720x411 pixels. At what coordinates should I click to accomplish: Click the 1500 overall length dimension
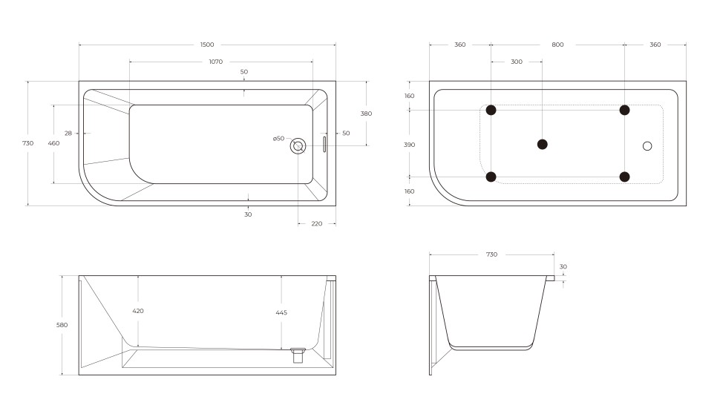[207, 45]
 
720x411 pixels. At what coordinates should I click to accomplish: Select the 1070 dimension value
[215, 62]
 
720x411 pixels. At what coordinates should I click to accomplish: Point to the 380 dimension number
[366, 114]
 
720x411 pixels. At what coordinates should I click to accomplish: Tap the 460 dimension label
[53, 143]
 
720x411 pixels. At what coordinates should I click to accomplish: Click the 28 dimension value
[68, 134]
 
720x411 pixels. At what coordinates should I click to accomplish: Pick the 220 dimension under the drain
[317, 223]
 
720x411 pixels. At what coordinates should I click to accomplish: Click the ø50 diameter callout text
[278, 139]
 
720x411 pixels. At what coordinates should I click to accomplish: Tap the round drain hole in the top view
[298, 145]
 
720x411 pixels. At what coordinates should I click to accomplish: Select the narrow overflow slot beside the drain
[324, 144]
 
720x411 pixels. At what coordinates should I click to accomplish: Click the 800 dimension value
[557, 45]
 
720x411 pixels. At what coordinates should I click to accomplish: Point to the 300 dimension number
[517, 62]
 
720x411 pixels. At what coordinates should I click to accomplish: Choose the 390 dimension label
[410, 145]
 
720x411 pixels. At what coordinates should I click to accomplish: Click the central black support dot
[543, 144]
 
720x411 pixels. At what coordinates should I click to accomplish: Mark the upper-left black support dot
[491, 111]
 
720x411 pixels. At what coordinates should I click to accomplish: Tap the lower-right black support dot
[624, 177]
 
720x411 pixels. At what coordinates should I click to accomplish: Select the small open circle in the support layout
[647, 146]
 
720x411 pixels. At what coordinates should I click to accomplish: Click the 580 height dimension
[62, 325]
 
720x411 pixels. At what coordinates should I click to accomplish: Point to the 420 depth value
[138, 311]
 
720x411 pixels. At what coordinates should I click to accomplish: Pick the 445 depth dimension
[281, 312]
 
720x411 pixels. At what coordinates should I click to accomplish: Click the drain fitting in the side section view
[298, 354]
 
